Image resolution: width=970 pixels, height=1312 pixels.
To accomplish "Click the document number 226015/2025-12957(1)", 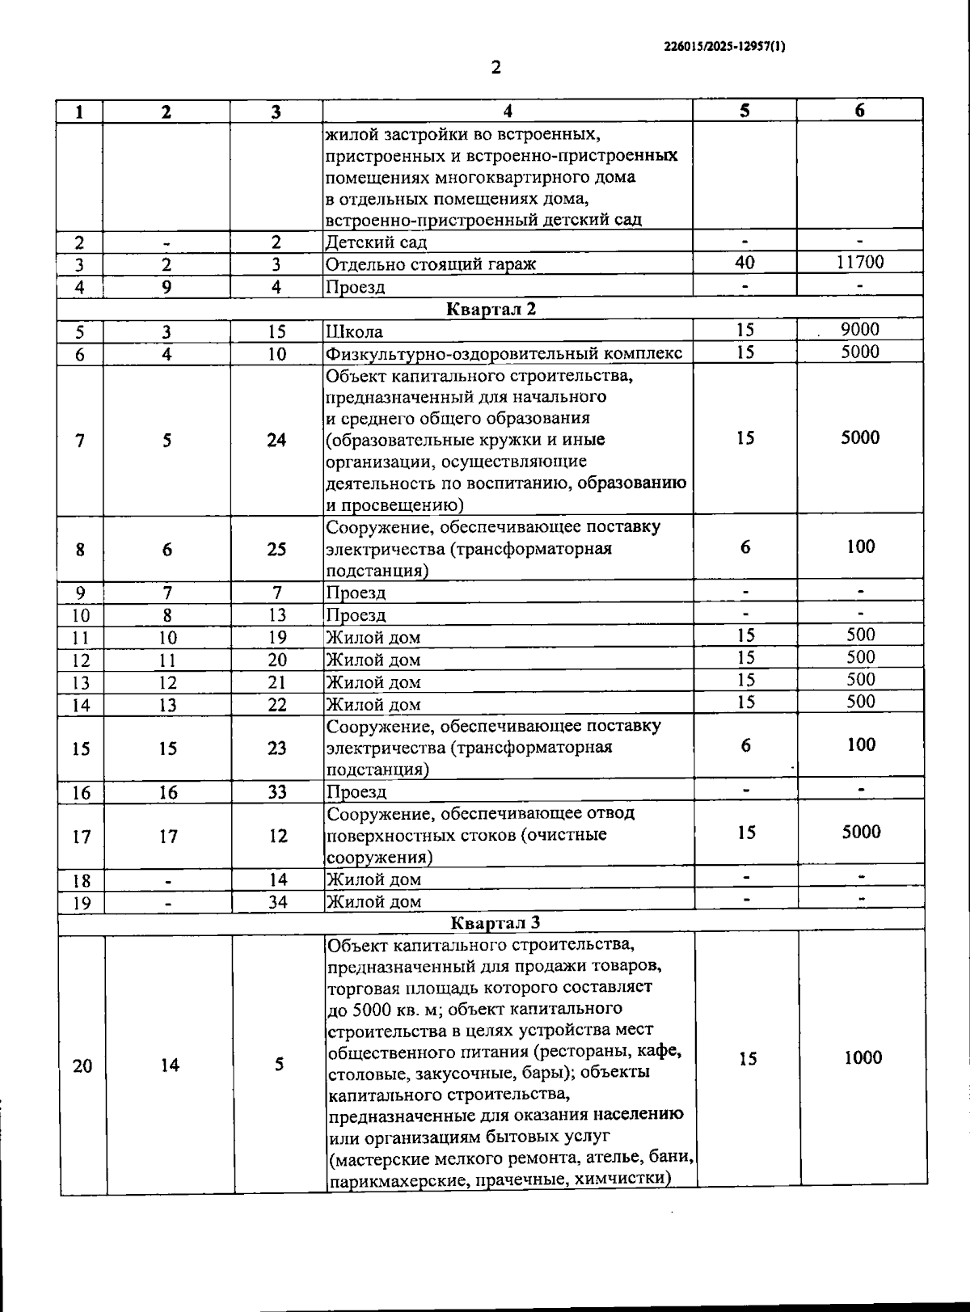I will pyautogui.click(x=723, y=46).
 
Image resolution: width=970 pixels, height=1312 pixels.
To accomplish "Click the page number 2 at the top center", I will pyautogui.click(x=496, y=67).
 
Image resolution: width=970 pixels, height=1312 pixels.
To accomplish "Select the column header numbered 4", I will pyautogui.click(x=507, y=112).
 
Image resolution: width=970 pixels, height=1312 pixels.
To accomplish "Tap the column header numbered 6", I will pyautogui.click(x=859, y=111).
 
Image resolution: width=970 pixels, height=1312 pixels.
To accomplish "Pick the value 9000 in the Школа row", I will pyautogui.click(x=859, y=329).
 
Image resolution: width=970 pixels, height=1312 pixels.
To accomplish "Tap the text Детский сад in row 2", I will pyautogui.click(x=376, y=242).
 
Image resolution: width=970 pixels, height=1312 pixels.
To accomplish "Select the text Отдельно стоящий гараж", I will pyautogui.click(x=430, y=264).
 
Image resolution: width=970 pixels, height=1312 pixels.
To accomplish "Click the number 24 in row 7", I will pyautogui.click(x=276, y=441).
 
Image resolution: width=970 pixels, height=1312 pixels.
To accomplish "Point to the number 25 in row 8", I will pyautogui.click(x=276, y=550).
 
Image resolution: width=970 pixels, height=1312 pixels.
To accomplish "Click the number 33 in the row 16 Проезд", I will pyautogui.click(x=277, y=792).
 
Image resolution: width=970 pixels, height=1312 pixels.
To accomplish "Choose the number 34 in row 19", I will pyautogui.click(x=277, y=901).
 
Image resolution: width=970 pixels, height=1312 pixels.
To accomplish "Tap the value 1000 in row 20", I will pyautogui.click(x=862, y=1057).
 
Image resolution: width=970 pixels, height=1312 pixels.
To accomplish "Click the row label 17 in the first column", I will pyautogui.click(x=82, y=837).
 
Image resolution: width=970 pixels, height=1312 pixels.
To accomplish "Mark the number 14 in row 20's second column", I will pyautogui.click(x=169, y=1066).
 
